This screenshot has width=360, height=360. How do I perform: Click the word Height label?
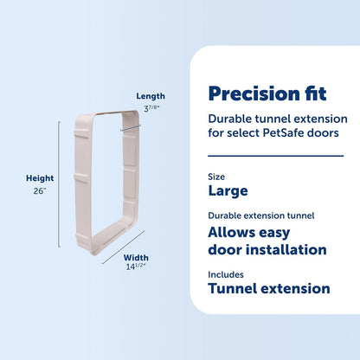[39, 179]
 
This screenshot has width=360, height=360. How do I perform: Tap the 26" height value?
[39, 192]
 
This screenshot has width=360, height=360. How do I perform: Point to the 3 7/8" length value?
[151, 108]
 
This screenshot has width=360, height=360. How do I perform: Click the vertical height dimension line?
[60, 185]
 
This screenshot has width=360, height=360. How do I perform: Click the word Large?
[228, 190]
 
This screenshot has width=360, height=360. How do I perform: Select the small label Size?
[215, 176]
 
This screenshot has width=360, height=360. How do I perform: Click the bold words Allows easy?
[254, 232]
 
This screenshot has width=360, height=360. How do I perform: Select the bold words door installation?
[267, 249]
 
